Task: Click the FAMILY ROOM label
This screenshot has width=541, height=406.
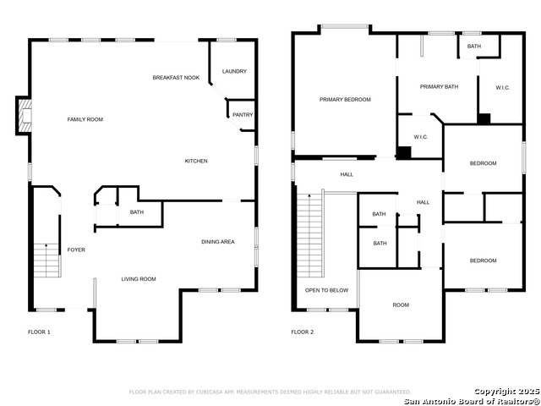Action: pyautogui.click(x=85, y=119)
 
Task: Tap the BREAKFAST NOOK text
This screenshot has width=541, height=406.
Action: pyautogui.click(x=176, y=78)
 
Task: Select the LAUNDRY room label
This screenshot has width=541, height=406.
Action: pyautogui.click(x=234, y=71)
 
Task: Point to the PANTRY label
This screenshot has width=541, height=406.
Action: pyautogui.click(x=242, y=115)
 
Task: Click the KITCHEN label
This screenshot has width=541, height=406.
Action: pyautogui.click(x=196, y=161)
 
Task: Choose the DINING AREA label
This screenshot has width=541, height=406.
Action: pyautogui.click(x=217, y=243)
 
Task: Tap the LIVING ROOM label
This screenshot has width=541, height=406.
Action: pyautogui.click(x=139, y=278)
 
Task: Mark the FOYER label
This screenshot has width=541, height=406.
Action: pyautogui.click(x=76, y=250)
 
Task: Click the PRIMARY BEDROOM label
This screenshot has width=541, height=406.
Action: pyautogui.click(x=345, y=100)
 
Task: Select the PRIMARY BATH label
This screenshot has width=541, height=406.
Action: pyautogui.click(x=438, y=86)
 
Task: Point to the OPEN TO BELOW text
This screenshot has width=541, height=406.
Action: pyautogui.click(x=326, y=290)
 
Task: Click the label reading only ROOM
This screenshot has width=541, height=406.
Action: pyautogui.click(x=400, y=304)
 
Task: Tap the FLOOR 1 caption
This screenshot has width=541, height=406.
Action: pyautogui.click(x=39, y=332)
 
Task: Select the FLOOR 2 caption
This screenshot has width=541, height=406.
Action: pyautogui.click(x=302, y=332)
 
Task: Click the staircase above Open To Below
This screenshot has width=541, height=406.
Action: pyautogui.click(x=310, y=234)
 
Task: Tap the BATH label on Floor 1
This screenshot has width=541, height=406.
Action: pyautogui.click(x=136, y=212)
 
